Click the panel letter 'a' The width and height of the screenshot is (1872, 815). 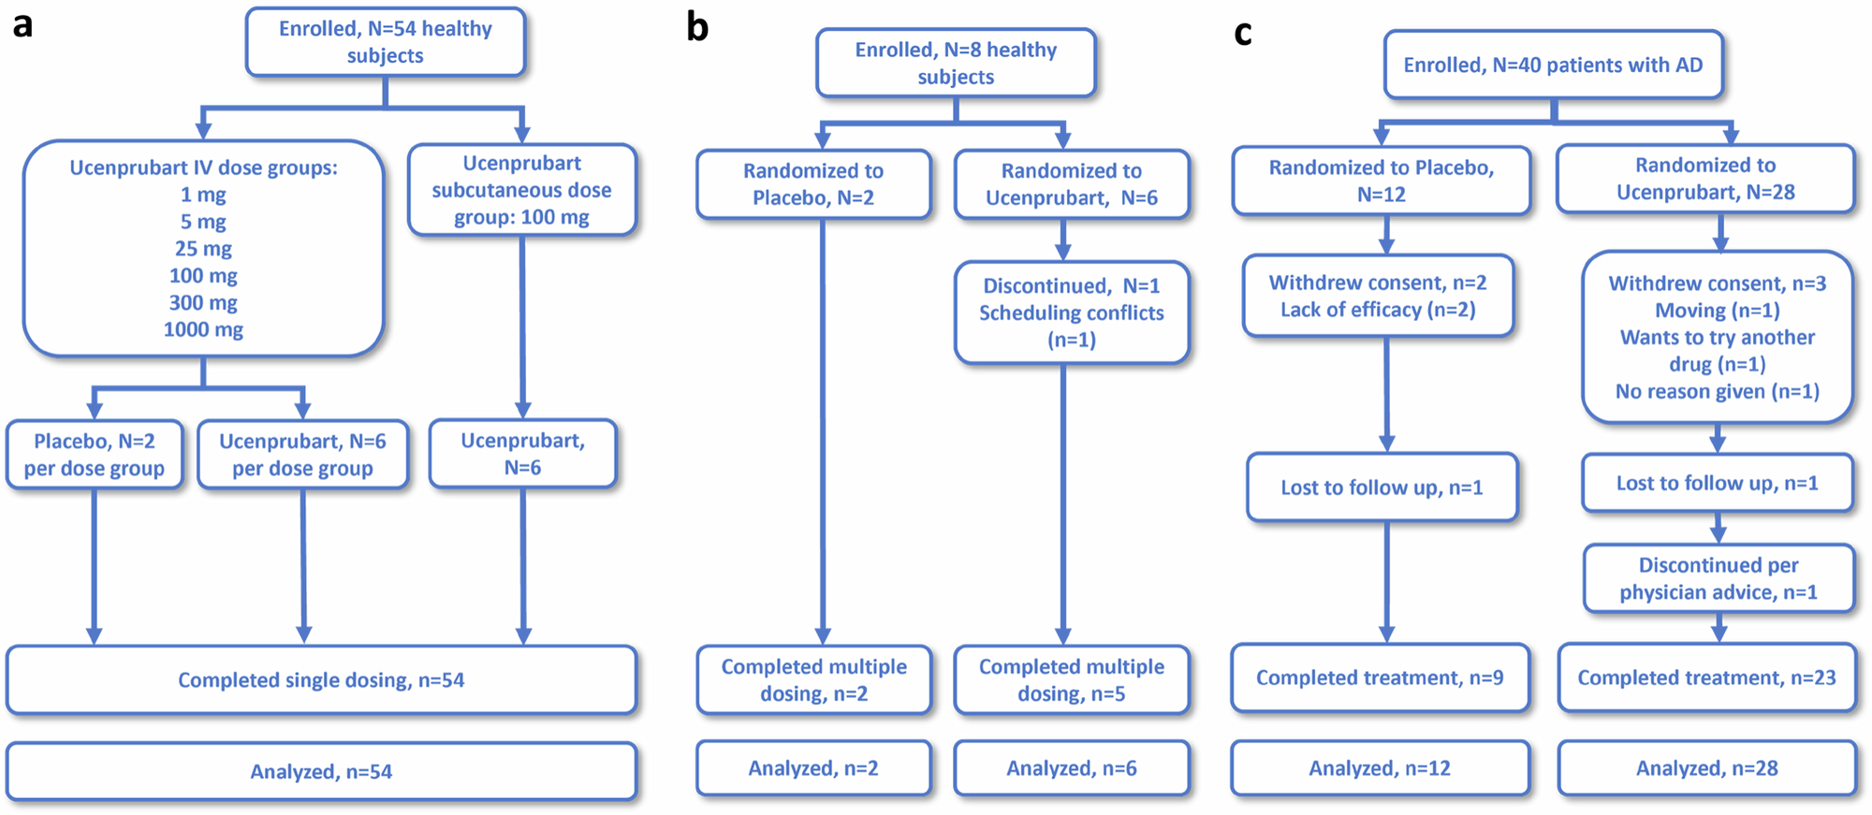point(22,25)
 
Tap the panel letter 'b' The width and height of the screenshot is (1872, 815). point(697,27)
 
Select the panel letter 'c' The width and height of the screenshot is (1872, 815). point(1242,34)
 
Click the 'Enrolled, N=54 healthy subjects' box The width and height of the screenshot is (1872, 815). point(385,42)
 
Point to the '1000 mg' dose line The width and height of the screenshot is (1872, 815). point(203,329)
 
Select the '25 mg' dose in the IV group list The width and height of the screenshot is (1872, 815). point(203,249)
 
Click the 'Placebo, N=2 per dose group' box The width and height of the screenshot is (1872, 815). point(94,455)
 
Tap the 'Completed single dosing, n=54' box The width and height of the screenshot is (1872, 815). point(321,680)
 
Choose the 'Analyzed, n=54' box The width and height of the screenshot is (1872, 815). point(321,772)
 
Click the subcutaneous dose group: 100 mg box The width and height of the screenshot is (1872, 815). point(521,190)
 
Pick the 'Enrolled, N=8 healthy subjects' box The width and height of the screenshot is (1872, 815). point(956,64)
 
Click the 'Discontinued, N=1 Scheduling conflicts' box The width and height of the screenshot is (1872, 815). point(1072,313)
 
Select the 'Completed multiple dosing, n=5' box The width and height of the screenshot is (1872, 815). point(1072,680)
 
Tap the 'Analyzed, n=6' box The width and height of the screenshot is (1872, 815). point(1072,768)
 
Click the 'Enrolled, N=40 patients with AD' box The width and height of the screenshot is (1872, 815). point(1553,65)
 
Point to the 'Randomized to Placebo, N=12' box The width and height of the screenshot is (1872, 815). point(1381,181)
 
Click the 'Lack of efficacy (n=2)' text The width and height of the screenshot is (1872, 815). point(1378,310)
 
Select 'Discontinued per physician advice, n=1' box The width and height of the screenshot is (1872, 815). point(1718,578)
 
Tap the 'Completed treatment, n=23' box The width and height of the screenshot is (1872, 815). point(1706,677)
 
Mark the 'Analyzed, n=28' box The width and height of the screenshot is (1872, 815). point(1706,768)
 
